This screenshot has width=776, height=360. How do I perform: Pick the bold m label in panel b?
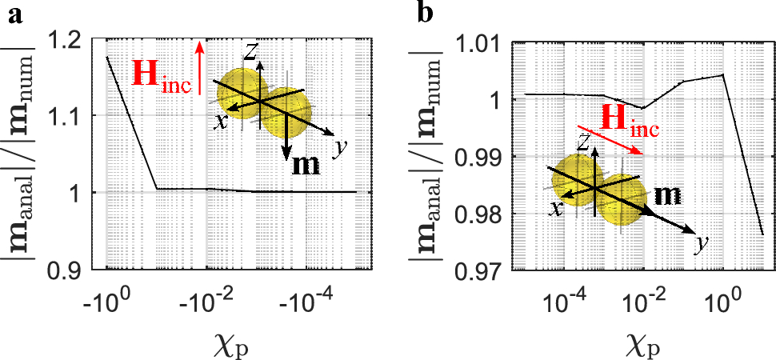coord(670,194)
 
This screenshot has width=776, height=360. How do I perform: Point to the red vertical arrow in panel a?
coord(199,68)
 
